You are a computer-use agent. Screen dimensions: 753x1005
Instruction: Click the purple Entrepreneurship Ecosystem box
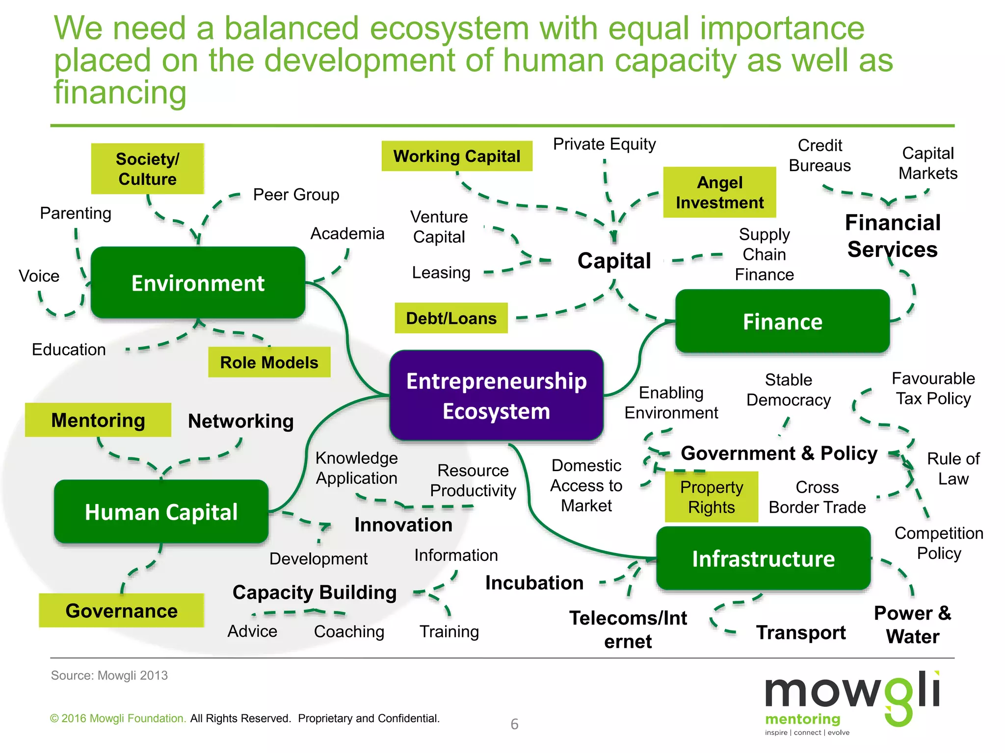click(x=496, y=396)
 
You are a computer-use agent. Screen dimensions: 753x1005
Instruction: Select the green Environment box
click(x=198, y=283)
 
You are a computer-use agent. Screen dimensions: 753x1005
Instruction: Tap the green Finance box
click(x=782, y=322)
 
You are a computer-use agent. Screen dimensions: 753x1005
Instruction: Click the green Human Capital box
click(x=161, y=512)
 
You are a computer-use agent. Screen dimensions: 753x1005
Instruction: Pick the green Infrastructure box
click(x=763, y=558)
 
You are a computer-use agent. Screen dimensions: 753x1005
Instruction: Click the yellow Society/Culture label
click(x=147, y=169)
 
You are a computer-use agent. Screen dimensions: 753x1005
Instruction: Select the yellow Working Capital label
click(x=456, y=156)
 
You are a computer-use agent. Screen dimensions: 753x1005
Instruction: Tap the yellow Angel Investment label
click(x=719, y=192)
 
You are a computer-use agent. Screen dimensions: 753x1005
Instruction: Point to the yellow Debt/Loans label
click(x=451, y=318)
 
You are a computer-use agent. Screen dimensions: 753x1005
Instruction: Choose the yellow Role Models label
click(x=269, y=362)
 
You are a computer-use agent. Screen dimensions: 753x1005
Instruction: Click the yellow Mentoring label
click(x=98, y=420)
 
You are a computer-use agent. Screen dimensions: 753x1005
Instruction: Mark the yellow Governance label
click(x=121, y=610)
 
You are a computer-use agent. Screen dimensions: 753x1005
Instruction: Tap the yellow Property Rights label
click(x=711, y=497)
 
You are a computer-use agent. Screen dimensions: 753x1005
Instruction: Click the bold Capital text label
click(x=614, y=260)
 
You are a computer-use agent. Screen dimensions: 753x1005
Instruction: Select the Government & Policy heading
click(x=779, y=453)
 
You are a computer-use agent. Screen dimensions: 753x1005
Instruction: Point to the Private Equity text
click(x=604, y=144)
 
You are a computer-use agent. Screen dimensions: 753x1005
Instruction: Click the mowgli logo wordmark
click(x=851, y=692)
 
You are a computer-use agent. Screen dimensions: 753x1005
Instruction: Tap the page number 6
click(x=514, y=724)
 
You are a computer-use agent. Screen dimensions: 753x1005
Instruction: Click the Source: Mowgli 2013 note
click(x=109, y=675)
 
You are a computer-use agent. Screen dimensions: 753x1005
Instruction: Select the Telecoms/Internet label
click(x=628, y=629)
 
